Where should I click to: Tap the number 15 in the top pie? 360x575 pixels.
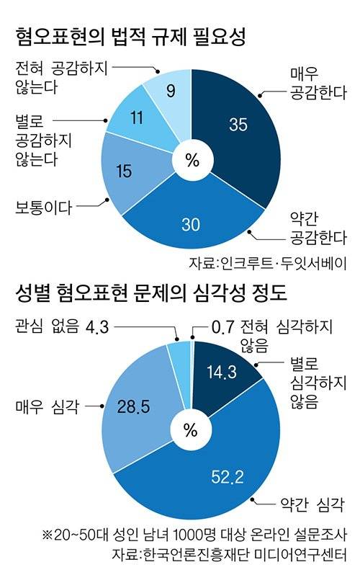point(122,171)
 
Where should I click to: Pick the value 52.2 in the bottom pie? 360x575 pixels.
point(230,473)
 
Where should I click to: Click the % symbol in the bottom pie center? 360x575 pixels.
point(191,431)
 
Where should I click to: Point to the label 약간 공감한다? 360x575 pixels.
point(317,226)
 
